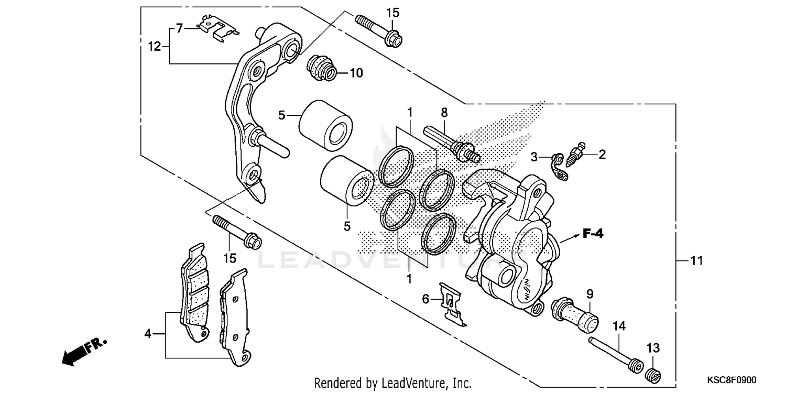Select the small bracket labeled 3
(559, 167)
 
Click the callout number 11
(696, 260)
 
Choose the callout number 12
(154, 46)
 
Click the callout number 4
(148, 333)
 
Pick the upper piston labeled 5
(325, 125)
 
